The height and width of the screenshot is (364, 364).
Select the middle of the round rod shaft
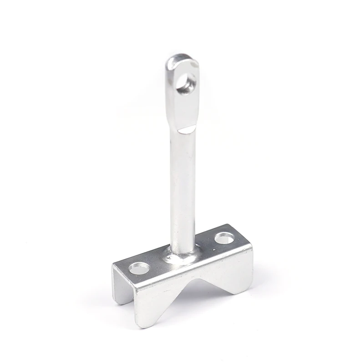click(x=183, y=191)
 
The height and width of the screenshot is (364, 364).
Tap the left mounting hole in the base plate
click(x=139, y=268)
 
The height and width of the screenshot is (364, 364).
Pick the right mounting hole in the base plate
click(x=224, y=238)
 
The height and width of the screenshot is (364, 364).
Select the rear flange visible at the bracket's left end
click(x=118, y=287)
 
